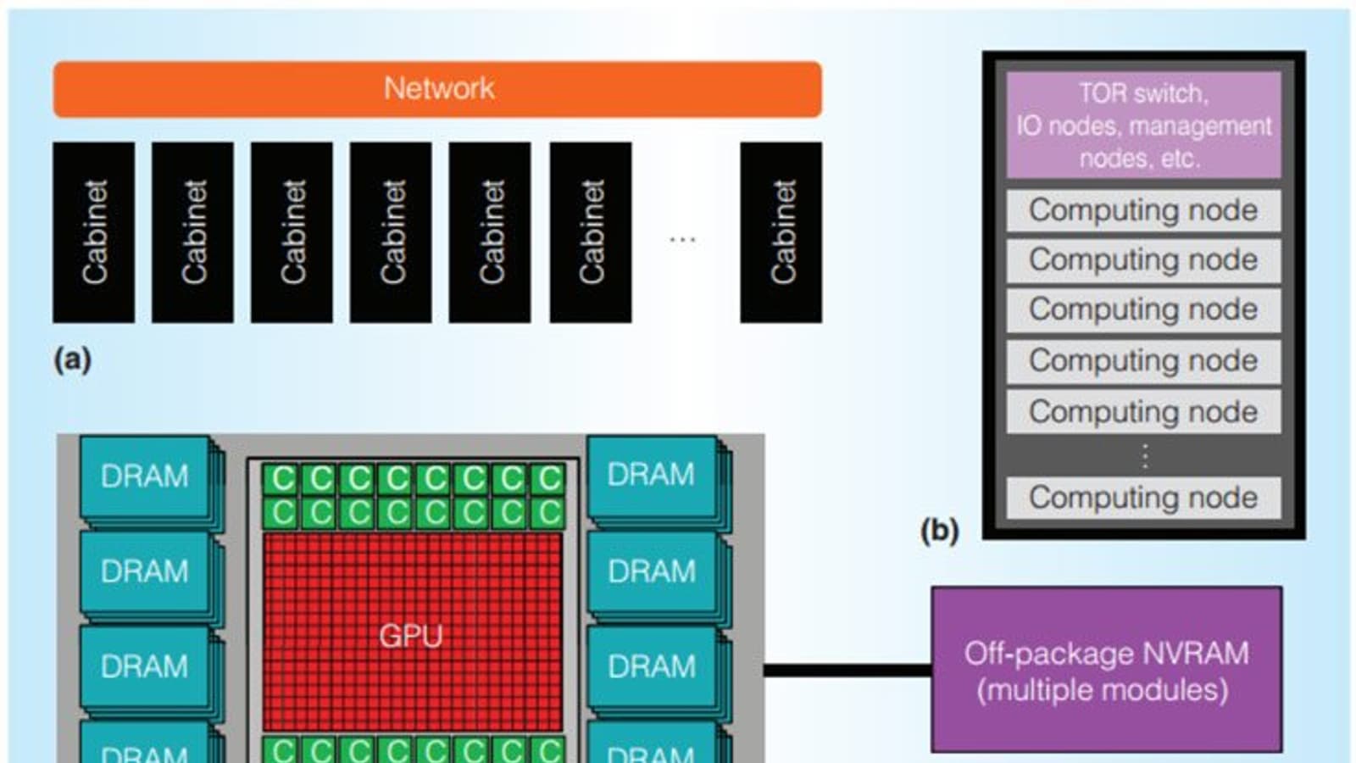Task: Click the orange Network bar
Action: click(x=436, y=89)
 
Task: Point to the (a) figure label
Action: click(x=72, y=359)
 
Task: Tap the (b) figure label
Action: click(x=939, y=531)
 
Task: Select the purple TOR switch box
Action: click(x=1143, y=125)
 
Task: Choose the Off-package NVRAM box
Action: click(x=1106, y=669)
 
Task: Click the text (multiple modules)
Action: click(x=1103, y=690)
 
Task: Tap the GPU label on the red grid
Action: click(x=411, y=635)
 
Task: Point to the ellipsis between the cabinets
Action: click(x=682, y=240)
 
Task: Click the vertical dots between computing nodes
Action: click(x=1145, y=456)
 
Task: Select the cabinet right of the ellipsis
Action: click(x=781, y=232)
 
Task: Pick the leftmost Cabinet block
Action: click(x=93, y=232)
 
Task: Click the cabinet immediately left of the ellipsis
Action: click(x=591, y=232)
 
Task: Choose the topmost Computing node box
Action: click(x=1143, y=210)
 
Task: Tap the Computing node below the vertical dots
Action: click(x=1143, y=498)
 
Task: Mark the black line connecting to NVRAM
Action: click(x=847, y=671)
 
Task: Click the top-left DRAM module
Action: click(x=145, y=476)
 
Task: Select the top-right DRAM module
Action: click(x=651, y=475)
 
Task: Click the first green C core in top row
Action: click(x=281, y=479)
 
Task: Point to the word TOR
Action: click(x=1100, y=93)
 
